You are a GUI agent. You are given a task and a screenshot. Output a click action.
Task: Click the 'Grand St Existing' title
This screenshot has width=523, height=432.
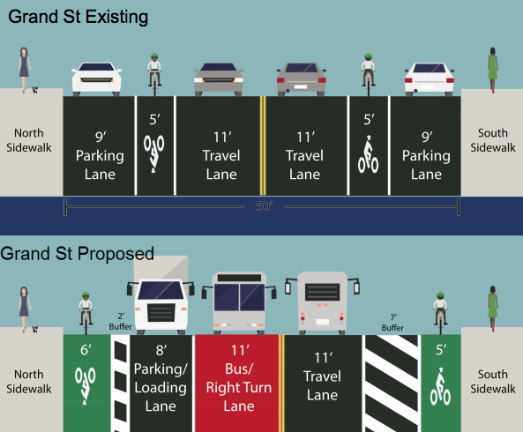point(78,17)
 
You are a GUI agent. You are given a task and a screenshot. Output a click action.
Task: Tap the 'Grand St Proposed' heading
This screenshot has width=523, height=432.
point(78,254)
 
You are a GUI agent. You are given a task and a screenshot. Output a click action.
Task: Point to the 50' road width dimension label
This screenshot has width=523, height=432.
point(265,206)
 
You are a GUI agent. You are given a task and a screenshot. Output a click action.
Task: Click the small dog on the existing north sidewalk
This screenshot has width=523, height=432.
point(35,90)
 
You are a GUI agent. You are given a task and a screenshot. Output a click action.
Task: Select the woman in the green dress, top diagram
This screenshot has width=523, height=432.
point(493,70)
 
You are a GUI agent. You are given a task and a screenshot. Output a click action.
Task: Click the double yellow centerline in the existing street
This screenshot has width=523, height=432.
point(263,145)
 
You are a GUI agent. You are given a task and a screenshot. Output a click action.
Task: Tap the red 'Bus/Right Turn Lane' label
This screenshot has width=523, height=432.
point(239,378)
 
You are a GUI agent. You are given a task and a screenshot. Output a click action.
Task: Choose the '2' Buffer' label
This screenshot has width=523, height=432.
point(121,322)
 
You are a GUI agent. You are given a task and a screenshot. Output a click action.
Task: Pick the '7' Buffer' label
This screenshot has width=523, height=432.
point(392,323)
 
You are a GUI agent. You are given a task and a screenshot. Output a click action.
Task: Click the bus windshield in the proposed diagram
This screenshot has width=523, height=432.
point(239,296)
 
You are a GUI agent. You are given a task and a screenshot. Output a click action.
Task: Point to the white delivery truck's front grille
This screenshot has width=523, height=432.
point(161,312)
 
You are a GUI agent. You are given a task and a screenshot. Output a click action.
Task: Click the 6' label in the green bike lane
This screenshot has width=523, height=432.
point(86,350)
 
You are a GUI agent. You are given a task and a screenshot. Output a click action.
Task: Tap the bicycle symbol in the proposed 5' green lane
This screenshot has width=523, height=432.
point(440,387)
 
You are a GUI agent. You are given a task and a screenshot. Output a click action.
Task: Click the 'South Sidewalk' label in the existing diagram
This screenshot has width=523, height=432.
point(493,140)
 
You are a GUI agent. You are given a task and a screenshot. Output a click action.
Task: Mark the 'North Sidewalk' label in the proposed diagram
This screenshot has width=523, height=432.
point(29,382)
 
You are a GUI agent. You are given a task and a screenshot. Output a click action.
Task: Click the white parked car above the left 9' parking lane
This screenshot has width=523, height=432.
point(97,79)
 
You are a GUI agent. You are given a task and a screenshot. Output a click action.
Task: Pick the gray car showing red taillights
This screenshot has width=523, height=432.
point(301,79)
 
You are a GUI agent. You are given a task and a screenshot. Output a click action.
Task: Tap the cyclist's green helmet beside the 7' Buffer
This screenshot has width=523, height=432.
point(440,294)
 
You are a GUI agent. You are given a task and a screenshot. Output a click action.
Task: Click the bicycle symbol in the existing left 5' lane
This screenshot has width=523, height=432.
point(153,153)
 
